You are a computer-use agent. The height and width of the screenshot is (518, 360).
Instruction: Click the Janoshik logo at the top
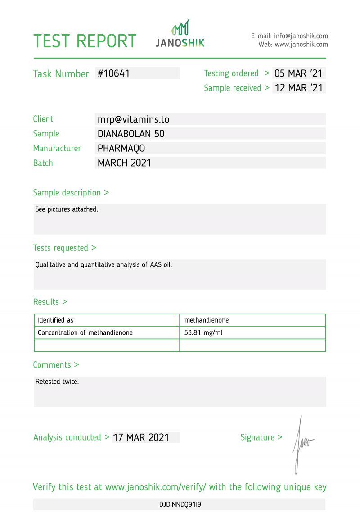coord(180,34)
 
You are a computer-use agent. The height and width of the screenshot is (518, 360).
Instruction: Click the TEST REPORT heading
coord(85,41)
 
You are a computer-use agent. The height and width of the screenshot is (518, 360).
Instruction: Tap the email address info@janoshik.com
coord(301,36)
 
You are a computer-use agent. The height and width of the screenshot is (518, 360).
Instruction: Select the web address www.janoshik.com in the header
coord(301,45)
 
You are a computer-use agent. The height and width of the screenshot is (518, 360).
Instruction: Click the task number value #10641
coord(114,73)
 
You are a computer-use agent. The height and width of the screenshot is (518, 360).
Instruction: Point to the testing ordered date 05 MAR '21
coord(298,73)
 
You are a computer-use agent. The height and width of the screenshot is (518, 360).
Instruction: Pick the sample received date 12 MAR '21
coord(298,88)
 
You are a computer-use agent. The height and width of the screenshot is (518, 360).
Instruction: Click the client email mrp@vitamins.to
coord(133,119)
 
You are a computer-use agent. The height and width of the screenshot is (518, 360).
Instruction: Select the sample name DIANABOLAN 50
coord(131,134)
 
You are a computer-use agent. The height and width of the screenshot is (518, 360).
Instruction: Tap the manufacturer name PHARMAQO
coord(121,148)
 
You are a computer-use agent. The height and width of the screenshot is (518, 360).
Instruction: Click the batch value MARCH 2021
coord(124,163)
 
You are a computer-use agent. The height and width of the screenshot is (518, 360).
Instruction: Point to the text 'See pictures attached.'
coord(67,209)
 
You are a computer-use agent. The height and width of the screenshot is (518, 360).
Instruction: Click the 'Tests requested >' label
coord(65,248)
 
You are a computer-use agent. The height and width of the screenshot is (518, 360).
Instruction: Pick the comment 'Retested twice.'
coord(57,382)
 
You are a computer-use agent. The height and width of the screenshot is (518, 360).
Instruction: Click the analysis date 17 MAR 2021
coord(141,437)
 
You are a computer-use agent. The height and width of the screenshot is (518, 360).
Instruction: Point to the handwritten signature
coord(301,444)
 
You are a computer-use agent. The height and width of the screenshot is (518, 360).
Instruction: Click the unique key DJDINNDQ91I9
coord(180,504)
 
